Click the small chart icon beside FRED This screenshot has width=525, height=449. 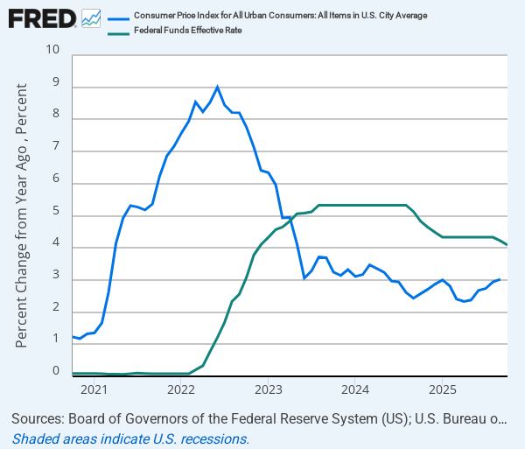click(91, 18)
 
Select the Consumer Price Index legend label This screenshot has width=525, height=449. click(280, 16)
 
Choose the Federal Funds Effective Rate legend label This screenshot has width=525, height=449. click(187, 31)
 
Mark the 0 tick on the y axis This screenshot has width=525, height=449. click(55, 372)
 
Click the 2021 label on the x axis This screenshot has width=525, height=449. click(94, 389)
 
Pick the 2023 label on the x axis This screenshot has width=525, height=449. click(268, 389)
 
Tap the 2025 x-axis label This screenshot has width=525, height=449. click(442, 389)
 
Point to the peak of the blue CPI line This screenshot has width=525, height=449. click(218, 87)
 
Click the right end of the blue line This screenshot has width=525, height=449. click(500, 279)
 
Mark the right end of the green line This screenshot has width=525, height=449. click(507, 244)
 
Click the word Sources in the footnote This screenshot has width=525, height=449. click(43, 419)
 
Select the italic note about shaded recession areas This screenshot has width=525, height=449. click(131, 438)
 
